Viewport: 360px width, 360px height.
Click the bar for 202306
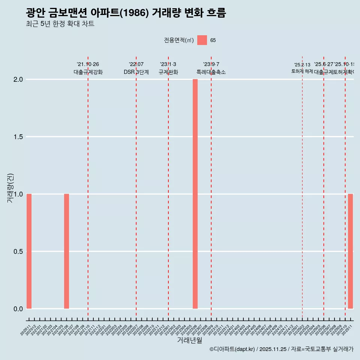[195, 194]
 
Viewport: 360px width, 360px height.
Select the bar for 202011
[29, 251]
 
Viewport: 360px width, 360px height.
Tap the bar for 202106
[66, 251]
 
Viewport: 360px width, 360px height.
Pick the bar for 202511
[350, 251]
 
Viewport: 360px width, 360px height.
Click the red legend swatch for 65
[202, 40]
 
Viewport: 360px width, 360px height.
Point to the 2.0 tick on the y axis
[19, 79]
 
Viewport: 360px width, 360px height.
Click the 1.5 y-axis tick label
[19, 137]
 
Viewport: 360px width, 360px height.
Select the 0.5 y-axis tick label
[19, 252]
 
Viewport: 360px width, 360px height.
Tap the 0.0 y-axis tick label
[19, 309]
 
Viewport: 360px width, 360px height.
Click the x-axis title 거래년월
[189, 340]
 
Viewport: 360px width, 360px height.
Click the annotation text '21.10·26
[88, 64]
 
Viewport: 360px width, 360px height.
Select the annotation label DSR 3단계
[136, 72]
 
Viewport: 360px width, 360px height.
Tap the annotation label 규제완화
[168, 72]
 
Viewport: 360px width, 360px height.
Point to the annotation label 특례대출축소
[211, 72]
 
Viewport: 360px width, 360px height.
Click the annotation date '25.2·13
[302, 65]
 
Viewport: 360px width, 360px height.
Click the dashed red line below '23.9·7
[211, 187]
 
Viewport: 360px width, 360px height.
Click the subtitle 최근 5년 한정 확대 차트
[60, 24]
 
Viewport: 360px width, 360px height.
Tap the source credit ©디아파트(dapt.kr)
[232, 349]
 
